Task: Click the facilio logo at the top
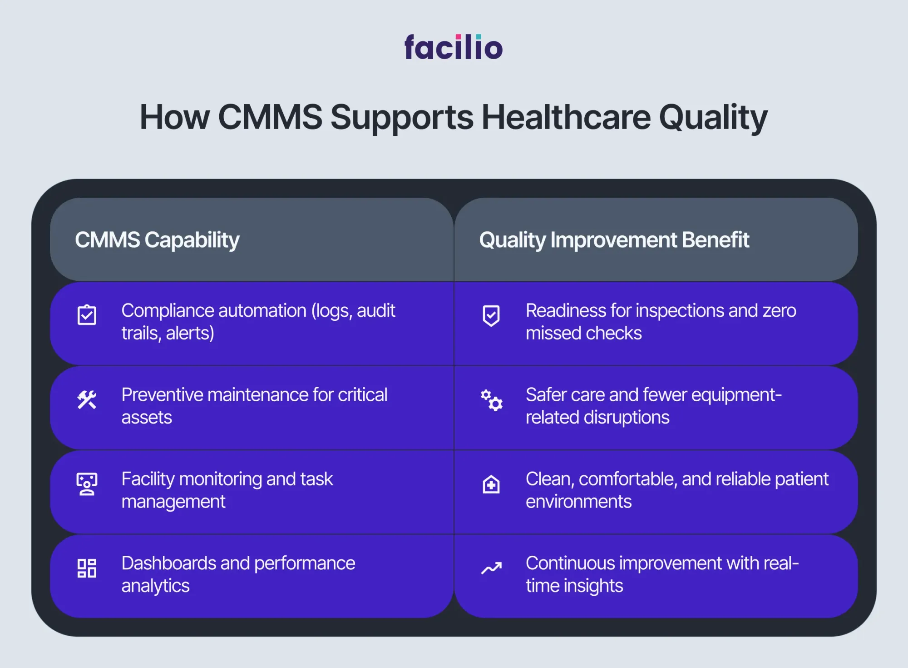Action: pos(454,47)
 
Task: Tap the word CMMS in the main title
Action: pos(270,117)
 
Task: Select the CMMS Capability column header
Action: pos(157,240)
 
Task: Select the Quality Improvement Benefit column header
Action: pos(614,240)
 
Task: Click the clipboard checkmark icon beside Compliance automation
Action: pos(87,315)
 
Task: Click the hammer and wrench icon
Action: pos(87,400)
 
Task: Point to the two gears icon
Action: pos(492,400)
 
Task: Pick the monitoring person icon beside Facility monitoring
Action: pos(87,484)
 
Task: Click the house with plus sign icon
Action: pos(491,484)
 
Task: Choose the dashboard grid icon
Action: pos(87,568)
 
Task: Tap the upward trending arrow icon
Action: pos(492,568)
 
